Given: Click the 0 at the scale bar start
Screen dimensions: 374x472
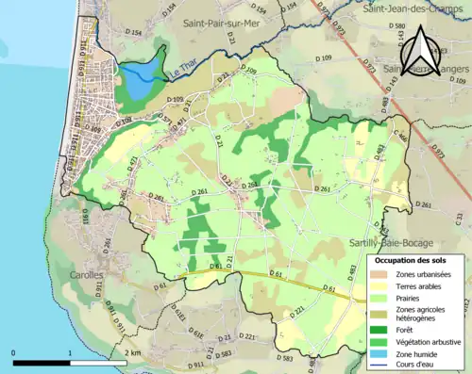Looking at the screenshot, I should coord(14,353).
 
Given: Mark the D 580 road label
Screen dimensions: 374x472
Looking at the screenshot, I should coord(396,25).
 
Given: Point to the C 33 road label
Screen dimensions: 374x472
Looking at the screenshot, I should coord(460,217).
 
